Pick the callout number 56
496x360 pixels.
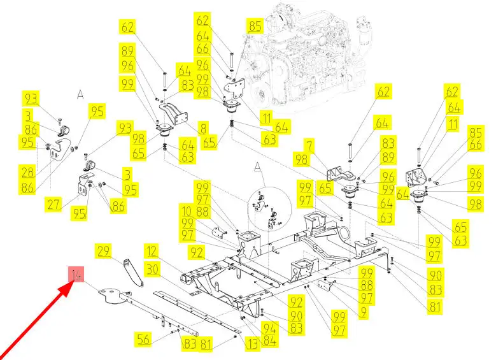click(x=144, y=340)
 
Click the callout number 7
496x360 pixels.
click(x=309, y=146)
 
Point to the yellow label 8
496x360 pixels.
click(x=202, y=129)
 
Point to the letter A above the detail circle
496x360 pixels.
click(x=258, y=167)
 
